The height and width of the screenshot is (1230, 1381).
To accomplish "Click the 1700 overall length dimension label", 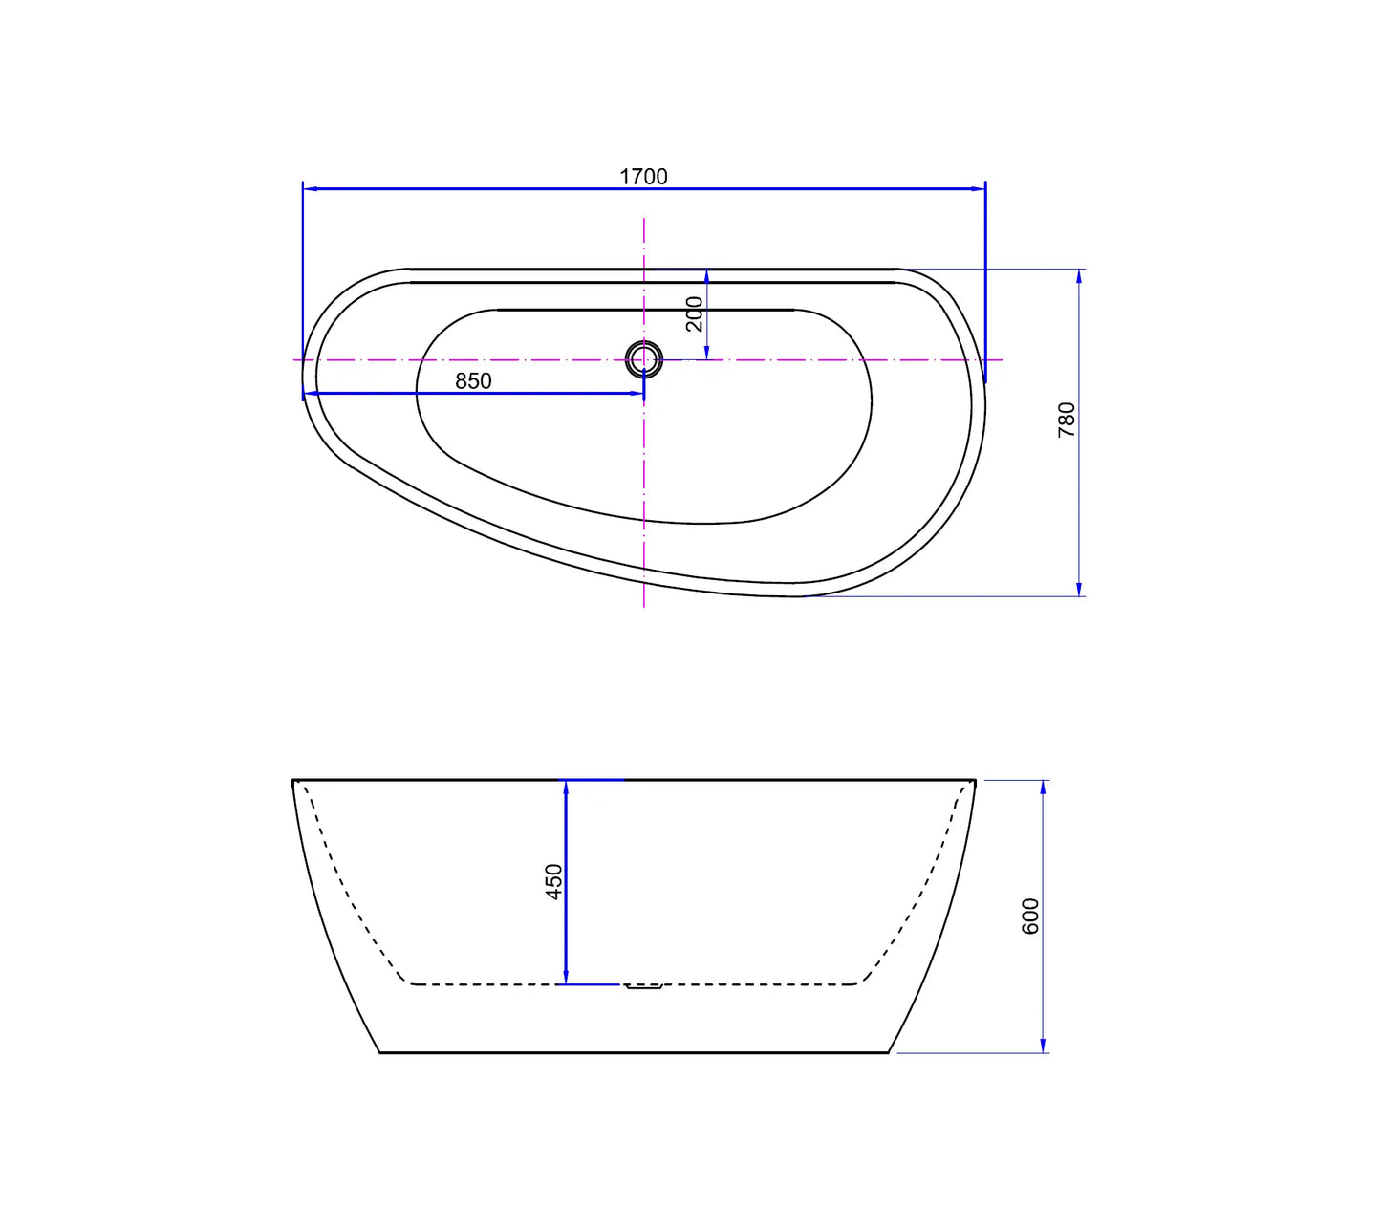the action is click(643, 177).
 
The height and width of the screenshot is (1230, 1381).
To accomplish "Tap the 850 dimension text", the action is click(473, 380).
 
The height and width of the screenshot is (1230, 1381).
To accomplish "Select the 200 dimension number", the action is click(695, 314).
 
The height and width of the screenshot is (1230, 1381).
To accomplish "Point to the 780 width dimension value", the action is click(1066, 420).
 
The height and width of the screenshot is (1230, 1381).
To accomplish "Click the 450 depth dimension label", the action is click(554, 881).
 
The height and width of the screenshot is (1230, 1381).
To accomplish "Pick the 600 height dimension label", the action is click(1030, 916).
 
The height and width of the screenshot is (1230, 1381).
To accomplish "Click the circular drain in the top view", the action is click(643, 358).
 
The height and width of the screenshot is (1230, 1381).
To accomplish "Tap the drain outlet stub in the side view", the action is click(643, 985).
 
